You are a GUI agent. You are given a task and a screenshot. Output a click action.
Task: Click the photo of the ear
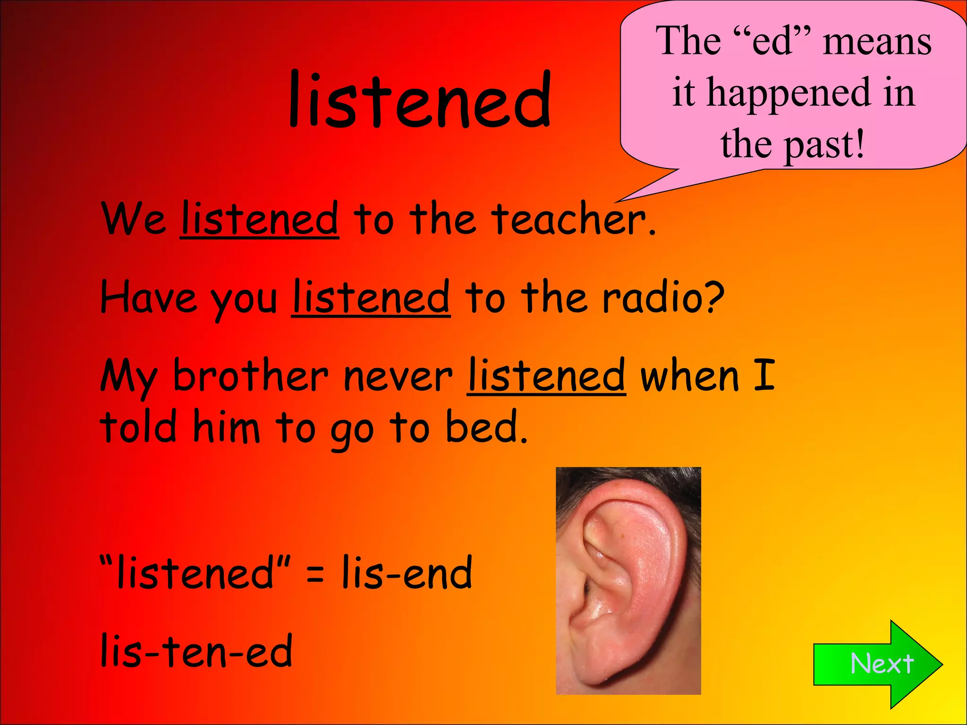[x=628, y=581]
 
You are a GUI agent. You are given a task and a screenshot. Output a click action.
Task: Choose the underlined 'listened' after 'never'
[x=546, y=376]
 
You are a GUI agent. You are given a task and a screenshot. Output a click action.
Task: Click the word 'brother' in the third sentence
[x=250, y=376]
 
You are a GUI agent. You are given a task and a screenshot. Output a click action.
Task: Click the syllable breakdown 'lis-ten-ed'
[x=196, y=651]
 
